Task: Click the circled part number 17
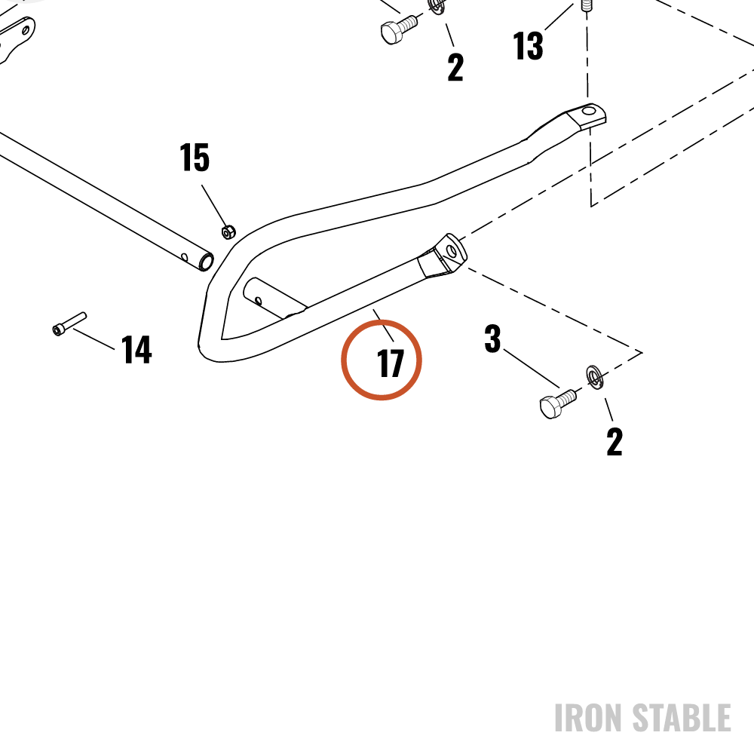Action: [x=390, y=363]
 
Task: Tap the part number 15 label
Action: [x=195, y=158]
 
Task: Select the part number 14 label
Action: [x=136, y=350]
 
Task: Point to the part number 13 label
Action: [x=528, y=46]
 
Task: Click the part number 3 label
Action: [x=492, y=339]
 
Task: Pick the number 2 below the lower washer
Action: [x=615, y=441]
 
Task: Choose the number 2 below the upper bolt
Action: [x=455, y=67]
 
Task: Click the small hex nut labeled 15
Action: [x=228, y=231]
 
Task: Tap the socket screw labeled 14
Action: [x=69, y=323]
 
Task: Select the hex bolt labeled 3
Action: [x=558, y=403]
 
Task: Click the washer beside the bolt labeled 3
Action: [x=595, y=378]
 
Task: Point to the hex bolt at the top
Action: [x=399, y=29]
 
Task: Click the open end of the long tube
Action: [x=207, y=262]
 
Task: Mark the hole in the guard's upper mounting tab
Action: [x=589, y=112]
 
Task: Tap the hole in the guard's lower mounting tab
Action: [x=452, y=250]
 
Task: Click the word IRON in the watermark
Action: [x=589, y=718]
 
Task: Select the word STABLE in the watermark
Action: [x=682, y=718]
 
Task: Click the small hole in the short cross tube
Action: [x=258, y=301]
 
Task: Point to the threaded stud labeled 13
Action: [x=586, y=6]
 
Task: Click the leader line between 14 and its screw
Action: [x=93, y=339]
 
